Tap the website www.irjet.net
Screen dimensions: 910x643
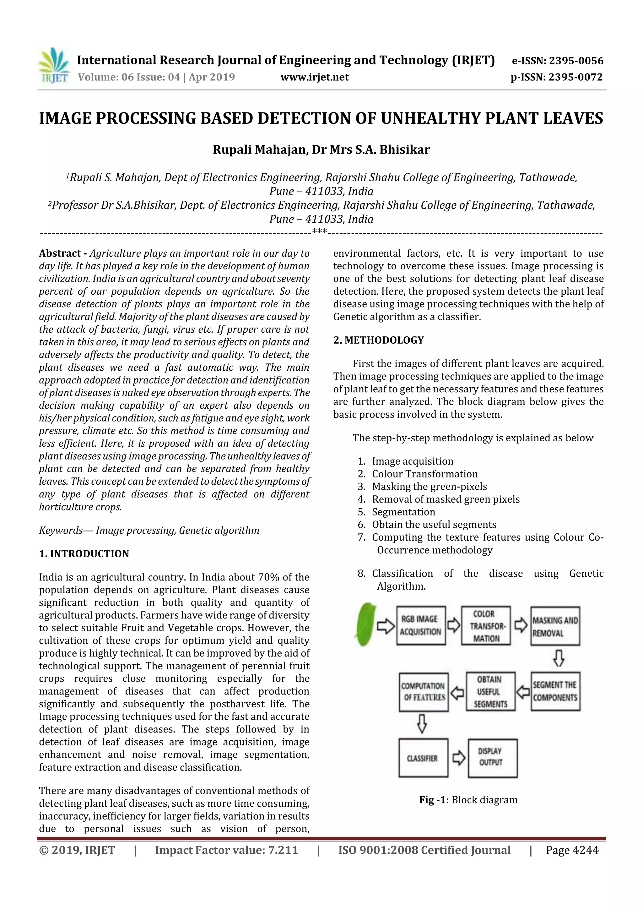(x=315, y=77)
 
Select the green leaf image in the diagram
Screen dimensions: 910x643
(x=365, y=625)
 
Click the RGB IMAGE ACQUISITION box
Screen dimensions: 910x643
(x=420, y=625)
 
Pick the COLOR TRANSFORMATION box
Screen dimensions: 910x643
(x=485, y=626)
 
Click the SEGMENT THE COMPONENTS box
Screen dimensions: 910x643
(x=555, y=691)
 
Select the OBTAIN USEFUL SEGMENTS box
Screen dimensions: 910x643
(x=490, y=692)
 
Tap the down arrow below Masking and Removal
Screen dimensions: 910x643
(x=558, y=658)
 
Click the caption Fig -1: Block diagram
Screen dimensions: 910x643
(x=468, y=799)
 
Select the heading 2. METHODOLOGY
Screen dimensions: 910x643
(x=378, y=340)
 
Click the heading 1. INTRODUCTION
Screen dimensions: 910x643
(x=84, y=554)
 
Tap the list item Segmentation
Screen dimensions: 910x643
(x=403, y=512)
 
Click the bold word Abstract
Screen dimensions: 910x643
(x=60, y=253)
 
